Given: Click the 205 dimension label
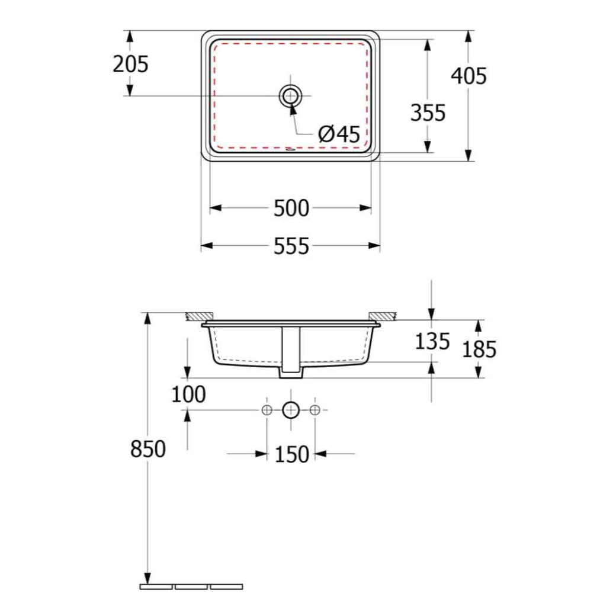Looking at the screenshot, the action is [x=130, y=64].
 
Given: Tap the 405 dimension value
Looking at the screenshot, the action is [x=469, y=76].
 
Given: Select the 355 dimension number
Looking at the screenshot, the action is [x=428, y=113].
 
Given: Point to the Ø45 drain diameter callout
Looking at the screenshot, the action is [x=339, y=134].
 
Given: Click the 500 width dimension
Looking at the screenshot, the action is [x=291, y=208].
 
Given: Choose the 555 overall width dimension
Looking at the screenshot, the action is [x=291, y=246].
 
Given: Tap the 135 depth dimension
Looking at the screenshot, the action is [x=432, y=341].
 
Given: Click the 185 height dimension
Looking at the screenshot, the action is [x=479, y=349].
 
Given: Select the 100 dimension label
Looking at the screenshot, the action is [x=188, y=394].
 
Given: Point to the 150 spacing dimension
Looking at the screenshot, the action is [x=291, y=454].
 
